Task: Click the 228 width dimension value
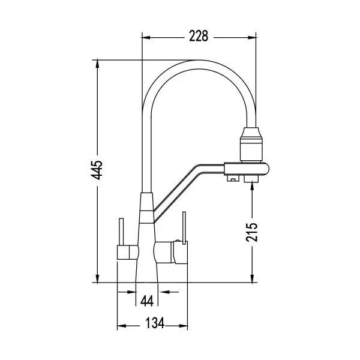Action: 199,36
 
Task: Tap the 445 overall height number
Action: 97,170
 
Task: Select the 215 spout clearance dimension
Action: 251,232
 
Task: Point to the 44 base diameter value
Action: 147,301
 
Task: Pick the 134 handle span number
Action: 155,323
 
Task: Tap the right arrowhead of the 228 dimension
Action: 252,37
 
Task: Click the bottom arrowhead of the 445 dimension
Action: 98,278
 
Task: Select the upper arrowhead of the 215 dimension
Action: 252,185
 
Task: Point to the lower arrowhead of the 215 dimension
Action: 252,278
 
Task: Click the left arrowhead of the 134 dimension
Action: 121,326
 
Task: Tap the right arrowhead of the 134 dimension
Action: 184,326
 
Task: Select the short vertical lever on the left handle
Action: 121,232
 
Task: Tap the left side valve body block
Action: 128,253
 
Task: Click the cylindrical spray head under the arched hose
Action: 251,144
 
